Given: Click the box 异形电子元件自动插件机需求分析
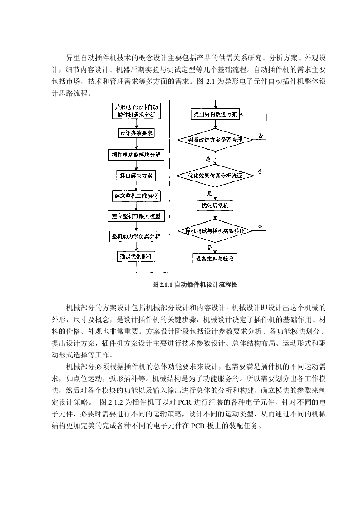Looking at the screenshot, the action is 136,111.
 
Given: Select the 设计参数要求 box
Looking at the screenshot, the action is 136,133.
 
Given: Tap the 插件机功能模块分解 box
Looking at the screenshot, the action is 136,155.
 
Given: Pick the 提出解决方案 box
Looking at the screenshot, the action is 136,176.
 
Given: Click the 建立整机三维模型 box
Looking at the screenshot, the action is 136,196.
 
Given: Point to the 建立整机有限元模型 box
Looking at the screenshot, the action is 136,216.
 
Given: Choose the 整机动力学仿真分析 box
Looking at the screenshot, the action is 136,236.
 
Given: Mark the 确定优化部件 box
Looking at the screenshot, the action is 136,257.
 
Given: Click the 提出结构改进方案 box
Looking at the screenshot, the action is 215,114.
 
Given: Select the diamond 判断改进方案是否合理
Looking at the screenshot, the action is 215,140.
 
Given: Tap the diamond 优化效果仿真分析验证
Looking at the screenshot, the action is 215,176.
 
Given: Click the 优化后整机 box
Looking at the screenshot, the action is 215,206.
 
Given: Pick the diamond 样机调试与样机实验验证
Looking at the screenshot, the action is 215,231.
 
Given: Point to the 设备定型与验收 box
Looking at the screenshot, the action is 215,259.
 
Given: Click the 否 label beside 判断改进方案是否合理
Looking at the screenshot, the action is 261,136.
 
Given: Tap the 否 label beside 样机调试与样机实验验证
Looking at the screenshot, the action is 260,227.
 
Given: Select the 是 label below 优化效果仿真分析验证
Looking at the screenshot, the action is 210,193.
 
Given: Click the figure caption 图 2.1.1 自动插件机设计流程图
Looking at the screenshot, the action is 195,285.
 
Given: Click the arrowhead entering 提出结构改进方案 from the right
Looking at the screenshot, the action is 242,114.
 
